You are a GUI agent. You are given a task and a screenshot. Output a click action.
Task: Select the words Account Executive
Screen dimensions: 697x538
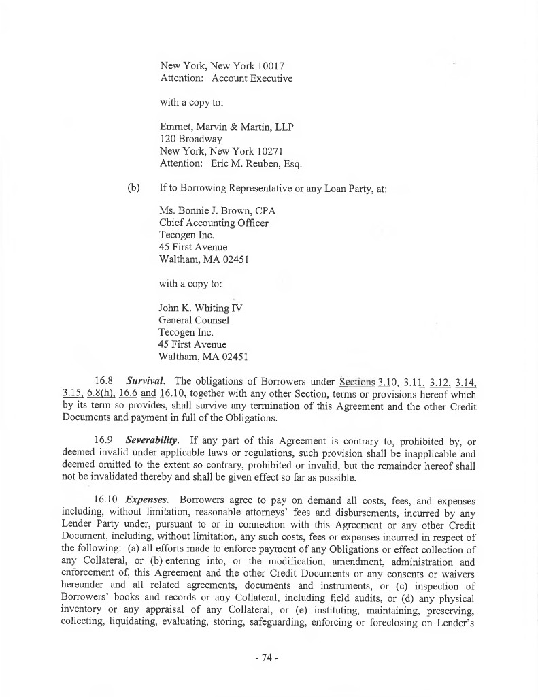[x=252, y=78]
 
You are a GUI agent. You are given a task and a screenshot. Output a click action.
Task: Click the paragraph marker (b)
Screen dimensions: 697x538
[x=134, y=187]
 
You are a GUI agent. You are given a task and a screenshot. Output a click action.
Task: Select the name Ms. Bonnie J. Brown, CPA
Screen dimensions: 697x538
[x=217, y=211]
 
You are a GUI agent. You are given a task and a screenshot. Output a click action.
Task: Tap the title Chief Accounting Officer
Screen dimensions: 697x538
[x=214, y=223]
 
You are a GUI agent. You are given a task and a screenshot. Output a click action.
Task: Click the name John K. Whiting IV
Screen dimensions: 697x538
[x=201, y=308]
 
